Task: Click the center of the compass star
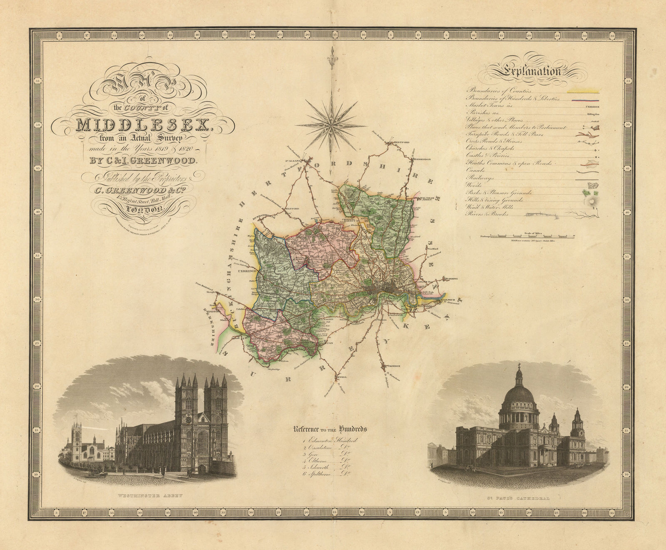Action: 332,122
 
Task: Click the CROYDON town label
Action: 394,366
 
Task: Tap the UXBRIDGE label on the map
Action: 246,271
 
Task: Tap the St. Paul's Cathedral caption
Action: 517,498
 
